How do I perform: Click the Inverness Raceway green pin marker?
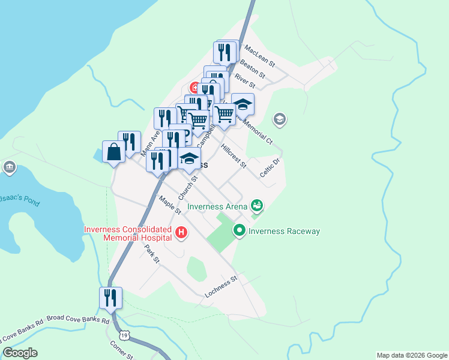point(240,230)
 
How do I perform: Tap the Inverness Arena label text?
point(217,207)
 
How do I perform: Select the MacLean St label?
point(259,57)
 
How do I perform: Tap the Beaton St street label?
point(252,68)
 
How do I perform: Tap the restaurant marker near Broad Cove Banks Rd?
point(110,298)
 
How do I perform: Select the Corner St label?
point(121,350)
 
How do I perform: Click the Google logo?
point(20,353)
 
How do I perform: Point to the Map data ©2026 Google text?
point(411,355)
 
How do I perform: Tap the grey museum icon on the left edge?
point(9,167)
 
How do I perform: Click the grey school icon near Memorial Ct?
point(279,120)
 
